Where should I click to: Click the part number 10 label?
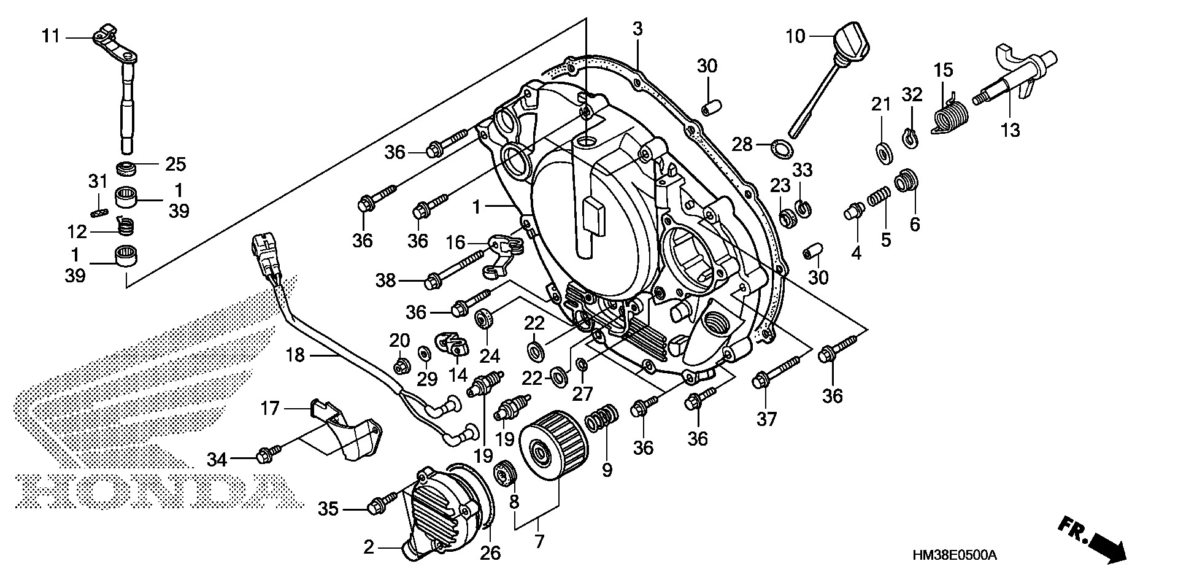pos(795,37)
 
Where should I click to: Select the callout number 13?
pos(1010,130)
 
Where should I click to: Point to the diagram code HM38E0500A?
pos(954,556)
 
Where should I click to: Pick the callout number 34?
pos(217,458)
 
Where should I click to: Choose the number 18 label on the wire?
pos(295,355)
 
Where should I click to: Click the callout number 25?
pos(175,164)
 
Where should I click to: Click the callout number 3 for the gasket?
pos(637,28)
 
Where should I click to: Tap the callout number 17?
pos(270,408)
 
